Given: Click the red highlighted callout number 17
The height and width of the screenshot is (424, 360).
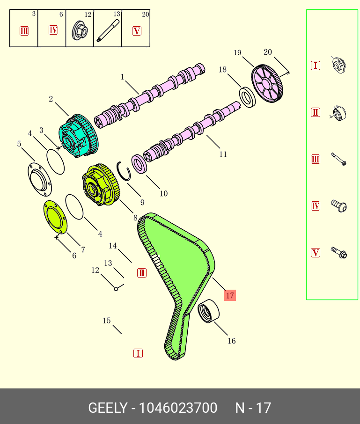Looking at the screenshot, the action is tap(230, 295).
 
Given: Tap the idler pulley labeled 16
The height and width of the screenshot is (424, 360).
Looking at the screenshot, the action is tap(207, 311).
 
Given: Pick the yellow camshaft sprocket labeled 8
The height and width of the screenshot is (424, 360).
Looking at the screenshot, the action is tap(101, 185).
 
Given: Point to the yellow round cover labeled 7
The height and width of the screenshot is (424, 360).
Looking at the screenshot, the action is tap(55, 217).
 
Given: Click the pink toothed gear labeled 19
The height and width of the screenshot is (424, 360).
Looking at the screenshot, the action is tap(267, 84).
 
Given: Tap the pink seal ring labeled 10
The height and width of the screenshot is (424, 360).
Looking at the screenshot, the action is tap(140, 164).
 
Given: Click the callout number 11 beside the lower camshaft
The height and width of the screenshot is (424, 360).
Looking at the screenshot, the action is tap(223, 154).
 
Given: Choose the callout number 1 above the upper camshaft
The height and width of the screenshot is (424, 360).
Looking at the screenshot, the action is tap(123, 77).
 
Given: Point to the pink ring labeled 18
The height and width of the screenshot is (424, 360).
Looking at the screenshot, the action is tap(248, 96).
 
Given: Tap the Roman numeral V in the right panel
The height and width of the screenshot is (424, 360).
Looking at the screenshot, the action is tap(316, 253).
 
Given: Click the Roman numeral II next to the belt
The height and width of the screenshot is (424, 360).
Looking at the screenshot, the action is tap(142, 273).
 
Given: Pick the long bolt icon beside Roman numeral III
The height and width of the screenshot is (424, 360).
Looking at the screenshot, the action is tap(339, 159).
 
